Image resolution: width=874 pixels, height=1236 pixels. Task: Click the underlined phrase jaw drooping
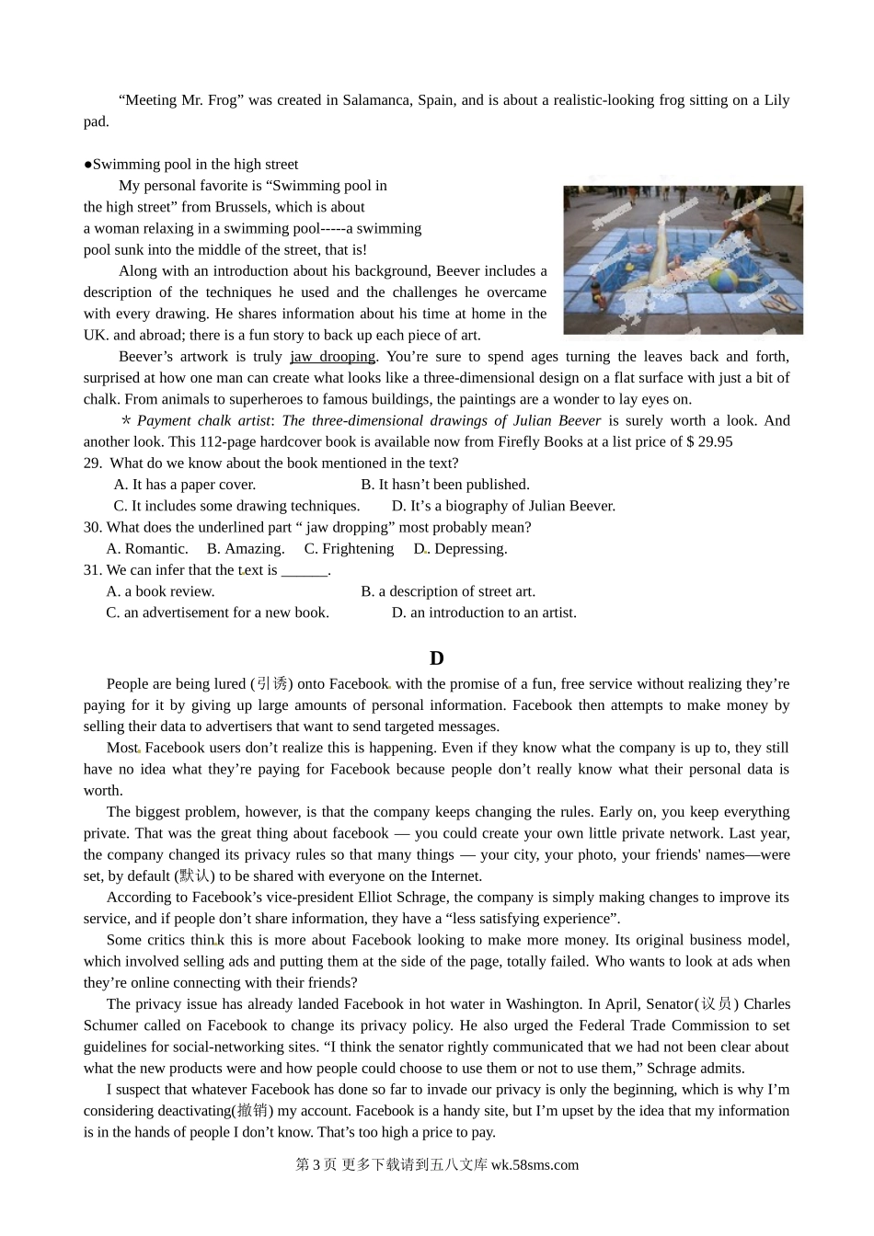[x=332, y=357]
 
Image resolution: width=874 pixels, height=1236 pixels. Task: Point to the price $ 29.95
[x=709, y=441]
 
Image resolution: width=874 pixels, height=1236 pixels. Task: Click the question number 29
[x=92, y=463]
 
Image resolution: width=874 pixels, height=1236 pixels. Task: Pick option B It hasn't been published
[x=445, y=485]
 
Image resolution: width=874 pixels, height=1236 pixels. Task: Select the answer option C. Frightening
[x=349, y=549]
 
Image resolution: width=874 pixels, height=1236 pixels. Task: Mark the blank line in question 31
[x=305, y=570]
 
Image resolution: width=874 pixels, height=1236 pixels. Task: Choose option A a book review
[x=161, y=591]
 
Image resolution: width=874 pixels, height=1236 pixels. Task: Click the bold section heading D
[x=437, y=658]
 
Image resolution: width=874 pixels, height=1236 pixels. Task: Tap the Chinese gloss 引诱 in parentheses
[x=272, y=684]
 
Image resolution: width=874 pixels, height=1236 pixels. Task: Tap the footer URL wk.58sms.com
[x=535, y=1165]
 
